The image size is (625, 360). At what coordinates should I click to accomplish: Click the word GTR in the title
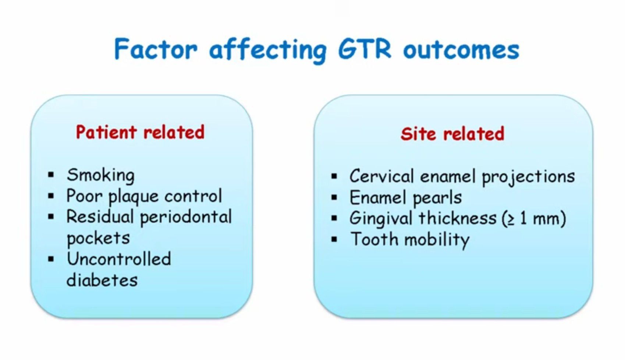click(x=365, y=49)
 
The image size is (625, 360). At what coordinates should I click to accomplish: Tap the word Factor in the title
click(x=156, y=49)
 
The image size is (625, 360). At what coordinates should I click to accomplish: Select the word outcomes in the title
click(x=461, y=50)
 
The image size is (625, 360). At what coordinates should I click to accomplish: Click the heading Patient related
click(x=140, y=132)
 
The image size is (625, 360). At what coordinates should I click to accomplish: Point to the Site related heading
click(x=452, y=134)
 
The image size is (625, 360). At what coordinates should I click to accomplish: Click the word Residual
click(x=100, y=217)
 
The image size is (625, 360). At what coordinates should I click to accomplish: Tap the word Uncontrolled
click(x=119, y=259)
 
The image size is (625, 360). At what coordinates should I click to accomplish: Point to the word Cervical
click(x=382, y=176)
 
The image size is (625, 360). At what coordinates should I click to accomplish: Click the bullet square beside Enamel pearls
click(x=334, y=198)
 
